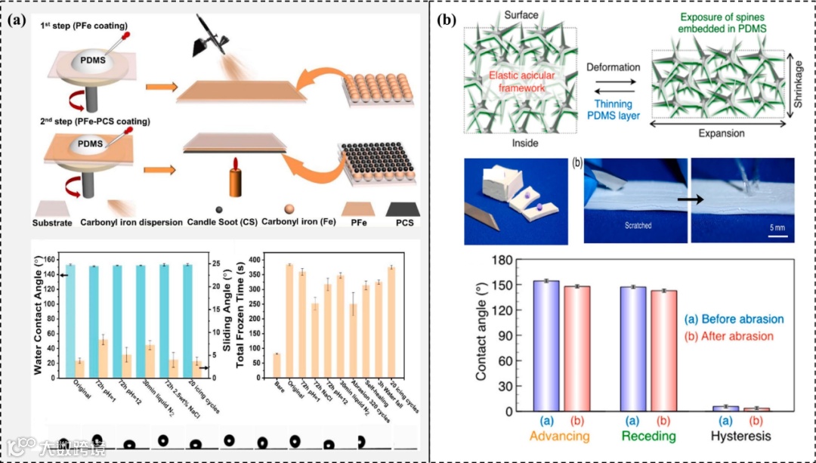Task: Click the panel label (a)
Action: pos(17,20)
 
